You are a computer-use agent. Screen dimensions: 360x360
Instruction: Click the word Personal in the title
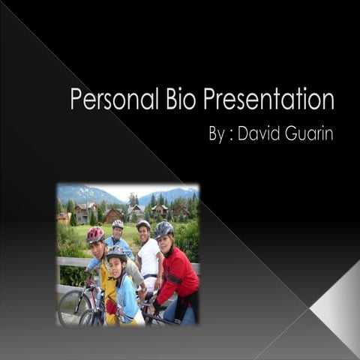[112, 100]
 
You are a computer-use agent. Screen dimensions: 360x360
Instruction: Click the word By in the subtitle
[217, 135]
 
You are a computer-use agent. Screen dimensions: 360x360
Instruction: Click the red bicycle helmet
[95, 235]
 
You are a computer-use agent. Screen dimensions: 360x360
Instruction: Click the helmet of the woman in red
[164, 228]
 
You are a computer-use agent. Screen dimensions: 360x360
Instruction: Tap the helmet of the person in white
[143, 224]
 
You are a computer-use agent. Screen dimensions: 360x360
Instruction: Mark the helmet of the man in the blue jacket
[118, 223]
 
